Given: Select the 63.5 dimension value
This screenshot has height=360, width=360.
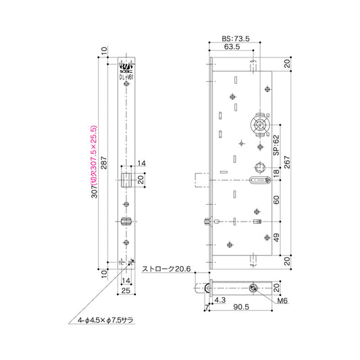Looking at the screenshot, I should point(232,48).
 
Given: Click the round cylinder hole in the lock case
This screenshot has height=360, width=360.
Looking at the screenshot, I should point(259,124).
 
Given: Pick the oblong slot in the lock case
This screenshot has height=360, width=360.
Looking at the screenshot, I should point(259,180).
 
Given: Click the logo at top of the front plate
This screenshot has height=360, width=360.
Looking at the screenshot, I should point(126,66).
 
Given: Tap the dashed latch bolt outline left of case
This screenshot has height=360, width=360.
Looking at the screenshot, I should point(201,180).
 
